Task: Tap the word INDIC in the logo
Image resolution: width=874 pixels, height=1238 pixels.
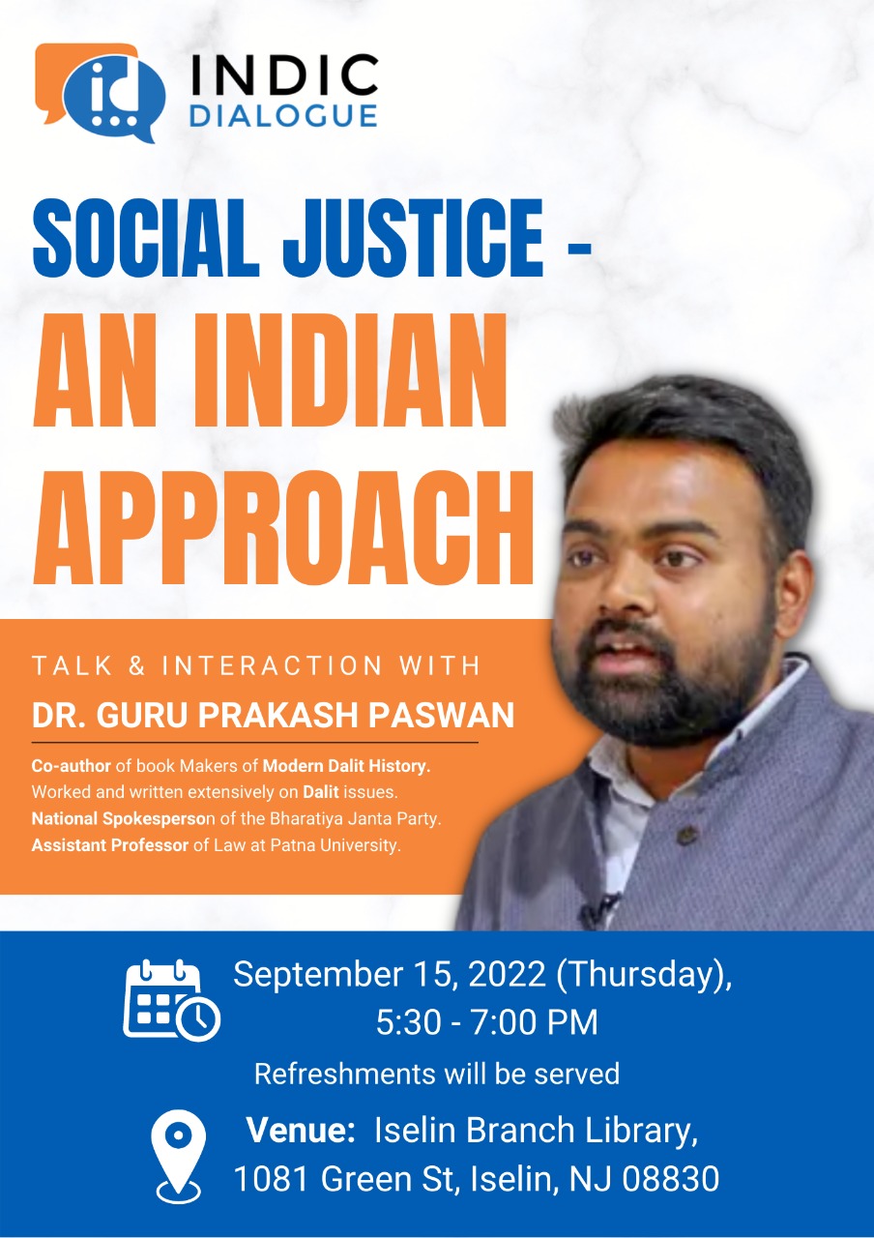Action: tap(284, 74)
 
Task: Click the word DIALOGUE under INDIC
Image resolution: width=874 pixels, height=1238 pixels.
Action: tap(284, 115)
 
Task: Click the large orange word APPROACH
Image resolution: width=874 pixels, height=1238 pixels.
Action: tap(283, 529)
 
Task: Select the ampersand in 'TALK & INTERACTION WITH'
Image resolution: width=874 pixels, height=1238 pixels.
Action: tap(136, 665)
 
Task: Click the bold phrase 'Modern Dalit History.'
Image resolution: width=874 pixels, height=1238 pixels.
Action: tap(346, 766)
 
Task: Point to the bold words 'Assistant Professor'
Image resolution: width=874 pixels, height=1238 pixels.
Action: tap(110, 845)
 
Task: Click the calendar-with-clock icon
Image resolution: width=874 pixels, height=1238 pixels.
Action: tap(171, 1001)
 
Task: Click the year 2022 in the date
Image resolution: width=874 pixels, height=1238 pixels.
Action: tap(508, 974)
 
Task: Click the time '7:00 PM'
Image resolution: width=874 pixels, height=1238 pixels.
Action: tap(535, 1022)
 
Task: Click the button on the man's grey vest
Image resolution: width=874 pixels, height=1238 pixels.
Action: tap(685, 834)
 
